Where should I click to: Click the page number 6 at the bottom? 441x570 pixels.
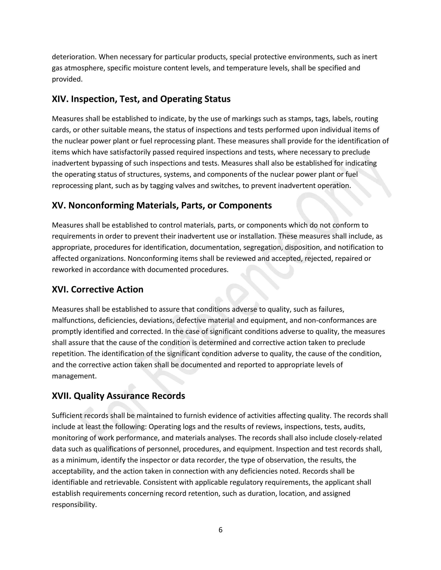[x=220, y=530]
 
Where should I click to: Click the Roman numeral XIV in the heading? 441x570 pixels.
[x=60, y=99]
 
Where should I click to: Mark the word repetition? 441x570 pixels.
[x=68, y=354]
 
